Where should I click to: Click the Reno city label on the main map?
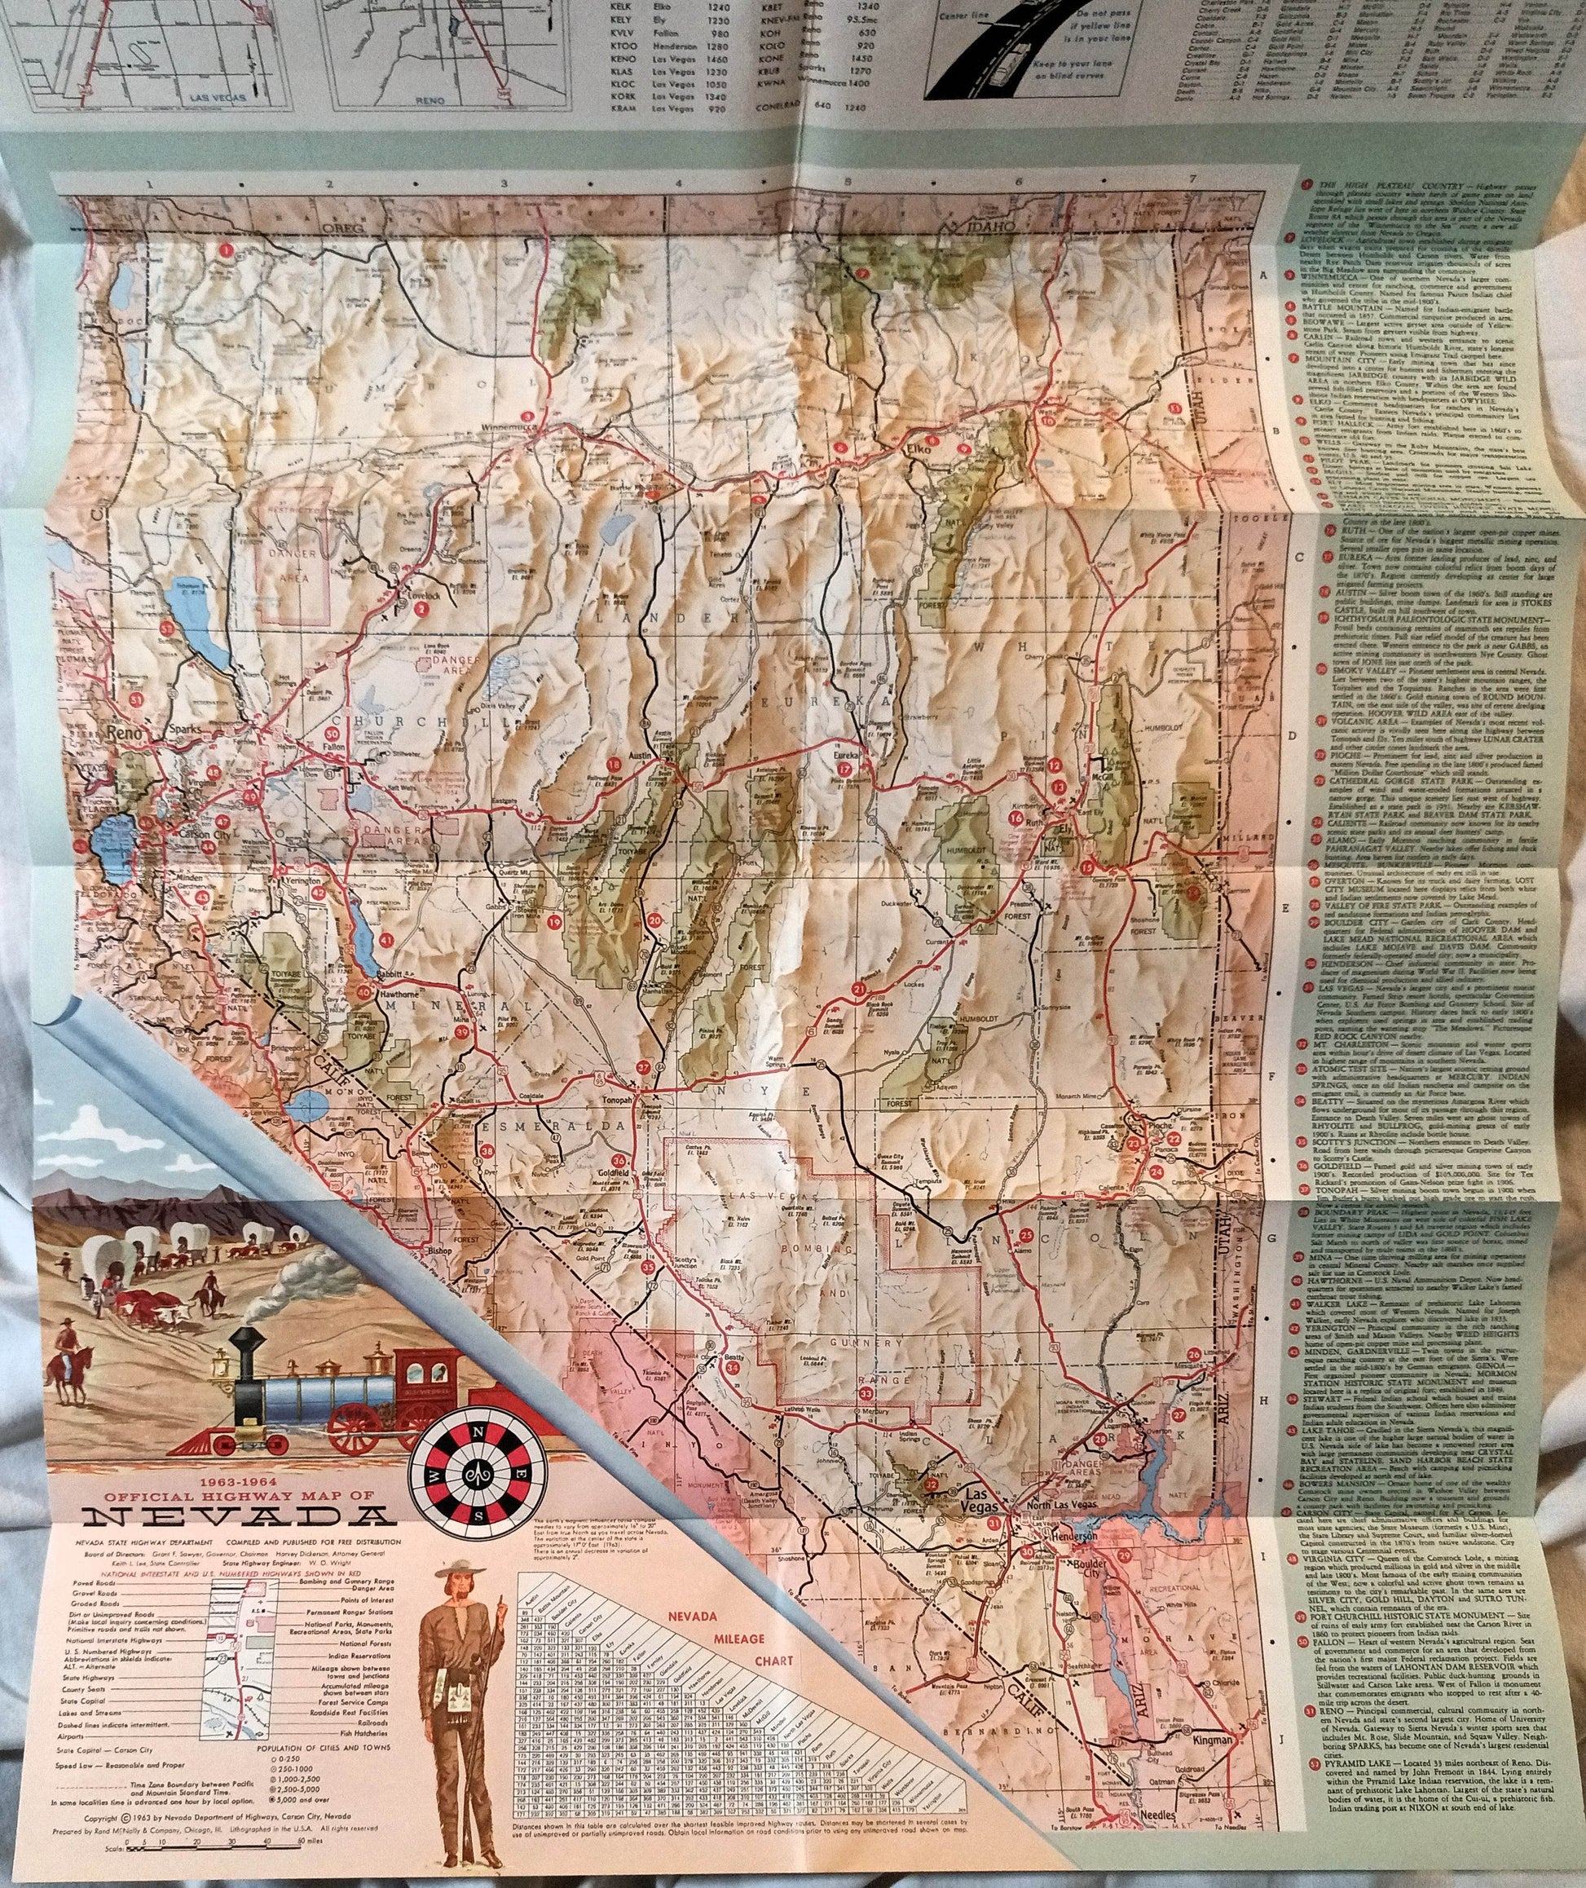[x=124, y=734]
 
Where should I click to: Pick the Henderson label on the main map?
[x=1070, y=1537]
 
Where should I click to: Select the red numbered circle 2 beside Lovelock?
[x=421, y=607]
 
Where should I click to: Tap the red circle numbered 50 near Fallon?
[x=333, y=732]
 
